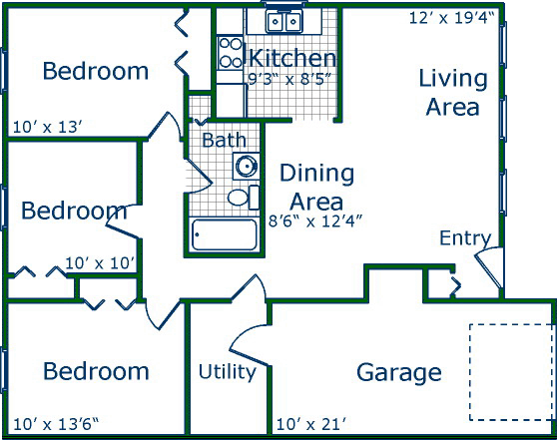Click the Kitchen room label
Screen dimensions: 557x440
click(x=292, y=58)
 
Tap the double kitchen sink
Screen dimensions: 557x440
click(x=283, y=21)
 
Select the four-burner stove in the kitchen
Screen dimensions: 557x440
click(x=231, y=53)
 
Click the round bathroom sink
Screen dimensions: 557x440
click(x=247, y=166)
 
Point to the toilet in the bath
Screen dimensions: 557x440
click(x=244, y=198)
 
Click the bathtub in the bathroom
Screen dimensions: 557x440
click(x=225, y=234)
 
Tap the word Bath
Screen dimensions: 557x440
click(x=224, y=140)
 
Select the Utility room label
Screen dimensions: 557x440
click(x=228, y=372)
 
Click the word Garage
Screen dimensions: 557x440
click(x=399, y=373)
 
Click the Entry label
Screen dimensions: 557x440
click(x=465, y=237)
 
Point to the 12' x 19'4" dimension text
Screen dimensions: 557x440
click(x=451, y=18)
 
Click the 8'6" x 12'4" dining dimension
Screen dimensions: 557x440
click(x=315, y=221)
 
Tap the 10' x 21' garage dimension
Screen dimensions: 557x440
click(x=310, y=424)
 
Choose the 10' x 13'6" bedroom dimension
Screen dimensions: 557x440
click(x=56, y=424)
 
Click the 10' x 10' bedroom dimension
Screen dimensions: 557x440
click(x=100, y=263)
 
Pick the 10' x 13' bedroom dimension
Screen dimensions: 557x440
click(x=48, y=127)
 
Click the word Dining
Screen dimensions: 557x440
click(x=316, y=175)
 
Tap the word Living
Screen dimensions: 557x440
click(x=453, y=79)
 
